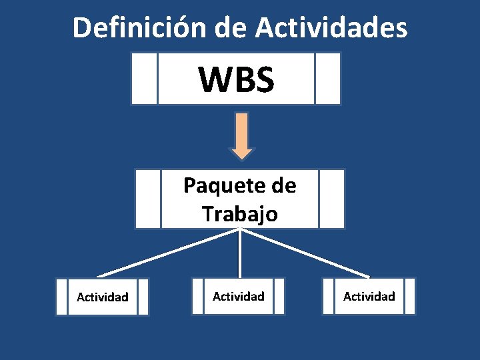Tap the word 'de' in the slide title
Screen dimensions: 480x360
pyautogui.click(x=231, y=28)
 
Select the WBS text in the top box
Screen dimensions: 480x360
pyautogui.click(x=236, y=79)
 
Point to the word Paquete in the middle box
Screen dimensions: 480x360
pyautogui.click(x=219, y=185)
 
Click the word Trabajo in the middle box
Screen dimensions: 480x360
pyautogui.click(x=240, y=214)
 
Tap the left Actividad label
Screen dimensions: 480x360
pyautogui.click(x=103, y=297)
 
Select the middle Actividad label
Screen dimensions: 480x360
pyautogui.click(x=238, y=296)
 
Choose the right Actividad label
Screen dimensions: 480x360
pyautogui.click(x=369, y=296)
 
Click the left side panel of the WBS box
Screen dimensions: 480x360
pyautogui.click(x=144, y=79)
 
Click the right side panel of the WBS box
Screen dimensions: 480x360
pyautogui.click(x=327, y=79)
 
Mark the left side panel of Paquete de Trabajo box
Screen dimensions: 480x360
pyautogui.click(x=148, y=199)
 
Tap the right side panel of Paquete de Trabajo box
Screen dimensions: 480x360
pyautogui.click(x=331, y=199)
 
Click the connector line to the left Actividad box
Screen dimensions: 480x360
pyautogui.click(x=167, y=253)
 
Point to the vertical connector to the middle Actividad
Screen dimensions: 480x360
pyautogui.click(x=240, y=253)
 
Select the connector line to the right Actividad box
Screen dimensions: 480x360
pyautogui.click(x=307, y=253)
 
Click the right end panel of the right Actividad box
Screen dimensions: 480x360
pyautogui.click(x=409, y=296)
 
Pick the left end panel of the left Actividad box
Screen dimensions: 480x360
pyautogui.click(x=61, y=297)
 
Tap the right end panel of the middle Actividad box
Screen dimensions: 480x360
pyautogui.click(x=279, y=296)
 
